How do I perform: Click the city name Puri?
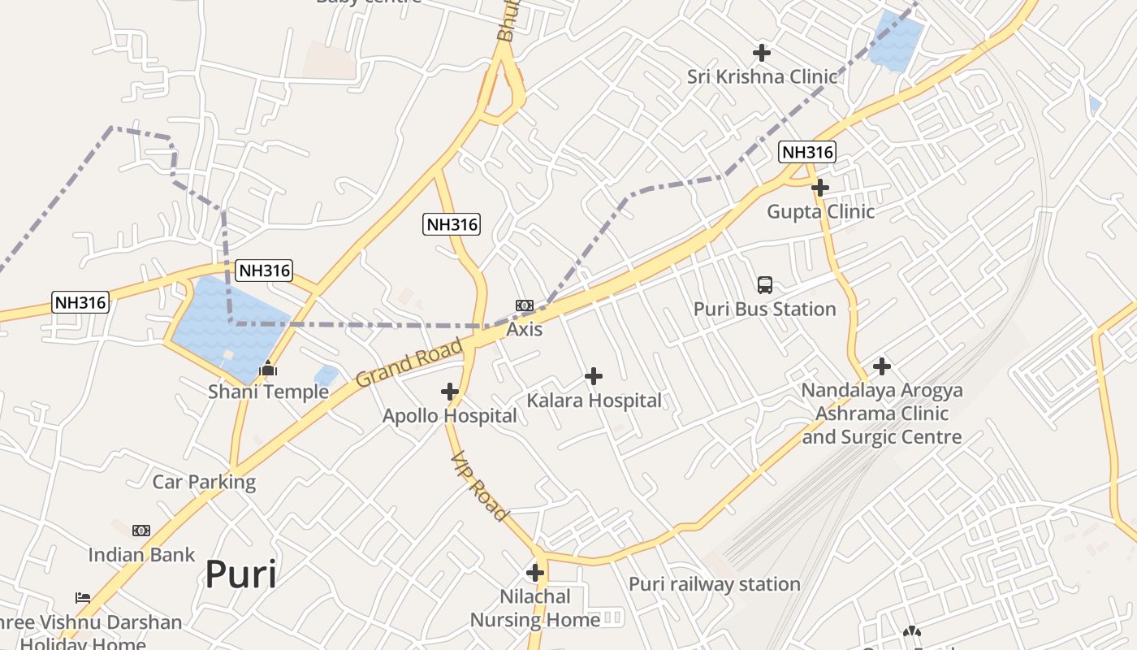coord(240,574)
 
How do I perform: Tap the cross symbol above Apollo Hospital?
coord(450,392)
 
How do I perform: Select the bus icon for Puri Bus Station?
coord(765,285)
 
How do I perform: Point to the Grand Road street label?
coord(410,363)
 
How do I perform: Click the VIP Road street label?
coord(479,486)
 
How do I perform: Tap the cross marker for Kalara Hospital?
coord(594,376)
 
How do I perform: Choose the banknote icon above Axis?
coord(525,305)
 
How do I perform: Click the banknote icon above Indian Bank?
coord(141,531)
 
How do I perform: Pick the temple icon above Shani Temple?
coord(267,370)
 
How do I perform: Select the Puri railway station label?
coord(715,584)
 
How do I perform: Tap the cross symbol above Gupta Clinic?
coord(820,188)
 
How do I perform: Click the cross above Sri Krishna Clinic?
coord(761,53)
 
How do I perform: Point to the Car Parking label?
coord(204,482)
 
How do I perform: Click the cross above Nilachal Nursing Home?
coord(535,573)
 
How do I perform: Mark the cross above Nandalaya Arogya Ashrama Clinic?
coord(882,366)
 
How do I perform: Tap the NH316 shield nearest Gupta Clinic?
coord(806,152)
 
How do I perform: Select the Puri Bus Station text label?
coord(764,310)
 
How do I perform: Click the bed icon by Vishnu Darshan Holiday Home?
coord(83,598)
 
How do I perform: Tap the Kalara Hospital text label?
coord(594,401)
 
